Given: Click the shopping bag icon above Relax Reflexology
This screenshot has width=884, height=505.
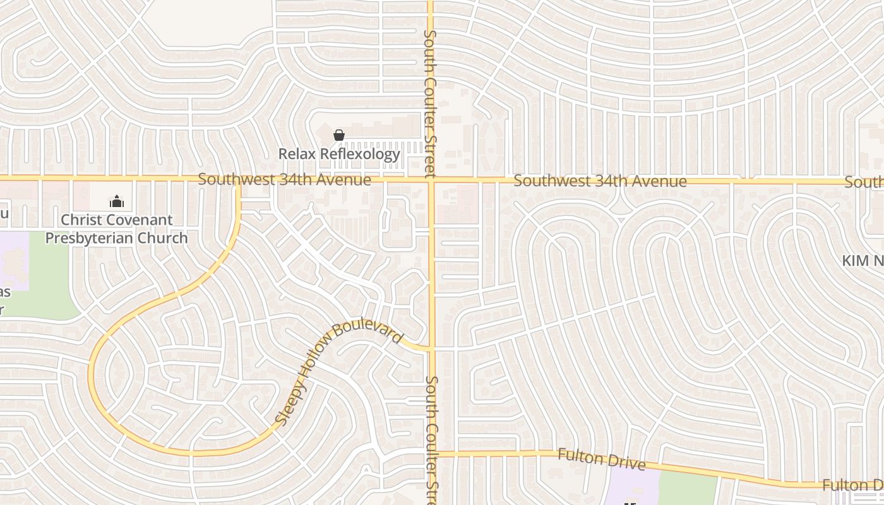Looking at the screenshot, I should tap(339, 135).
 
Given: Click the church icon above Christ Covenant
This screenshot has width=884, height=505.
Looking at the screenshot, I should tap(116, 202).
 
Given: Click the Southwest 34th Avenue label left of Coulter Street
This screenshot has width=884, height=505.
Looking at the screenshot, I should tap(284, 180).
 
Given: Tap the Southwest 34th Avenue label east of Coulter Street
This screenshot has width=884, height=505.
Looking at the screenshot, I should tap(600, 181).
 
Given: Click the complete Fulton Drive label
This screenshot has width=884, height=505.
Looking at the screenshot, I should tap(601, 459).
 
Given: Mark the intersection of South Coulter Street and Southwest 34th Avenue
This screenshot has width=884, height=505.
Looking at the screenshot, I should tap(431, 180).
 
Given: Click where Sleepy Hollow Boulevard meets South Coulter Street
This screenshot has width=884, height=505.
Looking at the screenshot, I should tap(431, 348).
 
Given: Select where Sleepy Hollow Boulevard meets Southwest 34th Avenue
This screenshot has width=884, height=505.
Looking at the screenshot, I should tap(238, 180).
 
